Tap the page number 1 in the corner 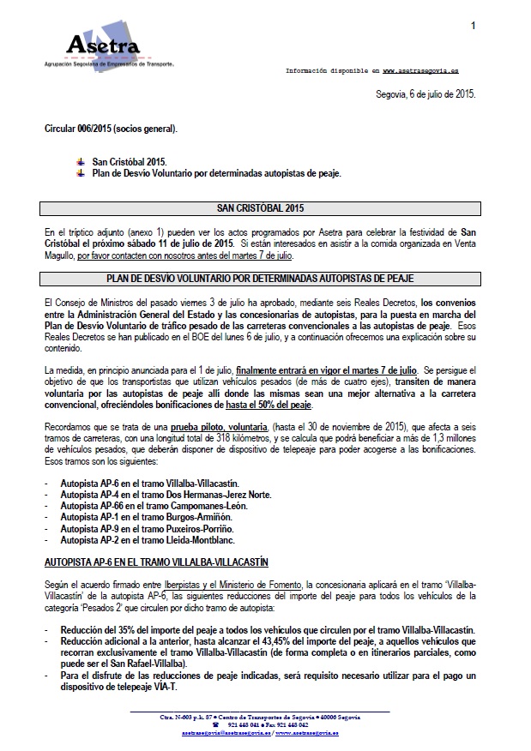pyautogui.click(x=473, y=27)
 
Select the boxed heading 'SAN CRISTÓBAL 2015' pyautogui.click(x=260, y=208)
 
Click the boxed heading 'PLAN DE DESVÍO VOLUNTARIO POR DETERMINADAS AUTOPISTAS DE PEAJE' pyautogui.click(x=260, y=279)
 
